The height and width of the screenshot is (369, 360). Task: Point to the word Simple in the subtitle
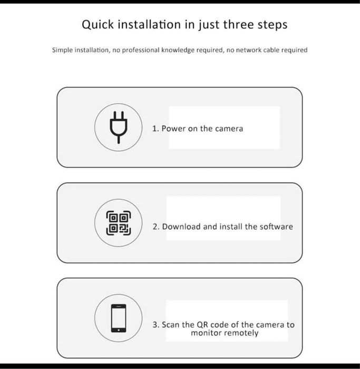coord(63,50)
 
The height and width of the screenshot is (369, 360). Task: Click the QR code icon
coord(118,222)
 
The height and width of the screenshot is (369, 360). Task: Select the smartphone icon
coord(118,318)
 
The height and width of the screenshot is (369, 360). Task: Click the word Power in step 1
coord(173,128)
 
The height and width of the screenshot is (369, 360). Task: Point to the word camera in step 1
coord(229,128)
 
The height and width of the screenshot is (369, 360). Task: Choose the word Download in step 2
coord(181,227)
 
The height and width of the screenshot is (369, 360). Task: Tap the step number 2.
coord(155,227)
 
